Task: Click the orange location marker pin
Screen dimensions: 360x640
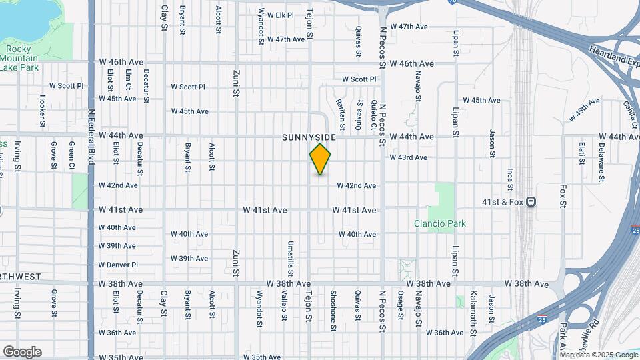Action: point(321,159)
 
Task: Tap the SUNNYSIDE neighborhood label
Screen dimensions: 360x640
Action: point(309,137)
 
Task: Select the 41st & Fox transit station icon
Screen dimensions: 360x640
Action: point(531,202)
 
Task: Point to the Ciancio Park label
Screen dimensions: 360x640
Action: point(439,224)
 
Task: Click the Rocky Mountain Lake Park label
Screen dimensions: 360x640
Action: point(19,58)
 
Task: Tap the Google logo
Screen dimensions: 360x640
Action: point(21,351)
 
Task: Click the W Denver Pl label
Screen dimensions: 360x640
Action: point(117,265)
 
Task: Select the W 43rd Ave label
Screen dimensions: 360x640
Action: point(408,157)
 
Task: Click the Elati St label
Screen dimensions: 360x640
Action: point(581,153)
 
